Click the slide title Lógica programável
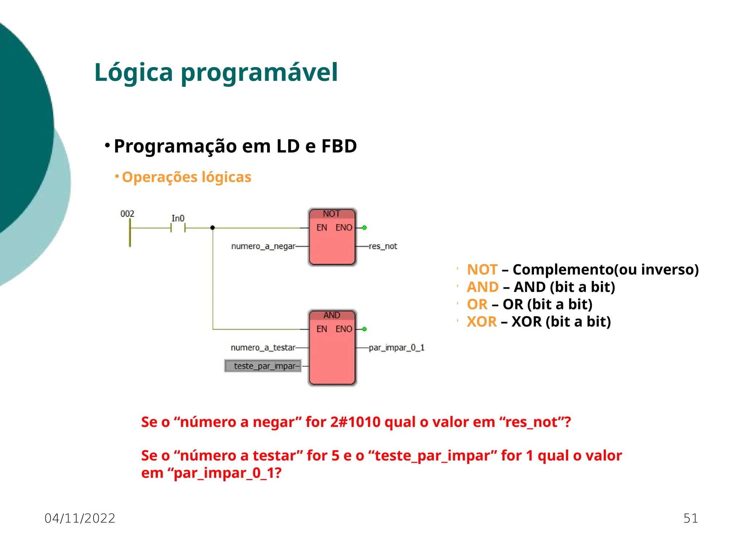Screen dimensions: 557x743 coord(216,73)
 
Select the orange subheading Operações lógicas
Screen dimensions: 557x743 coord(186,177)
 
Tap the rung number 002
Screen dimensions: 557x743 coord(127,214)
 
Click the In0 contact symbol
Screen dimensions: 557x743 coord(178,228)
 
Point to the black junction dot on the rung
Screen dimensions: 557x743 coord(213,228)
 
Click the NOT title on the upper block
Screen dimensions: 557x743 coord(332,214)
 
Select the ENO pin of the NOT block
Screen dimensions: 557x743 coord(344,228)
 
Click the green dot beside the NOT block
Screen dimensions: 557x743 coord(365,228)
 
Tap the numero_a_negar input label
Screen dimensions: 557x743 coord(263,246)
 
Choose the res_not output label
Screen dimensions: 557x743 coord(383,246)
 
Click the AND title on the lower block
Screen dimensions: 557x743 coord(332,315)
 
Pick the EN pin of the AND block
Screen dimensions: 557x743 coord(321,329)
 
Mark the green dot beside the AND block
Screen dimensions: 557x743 coord(365,329)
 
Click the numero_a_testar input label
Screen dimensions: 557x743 coord(263,347)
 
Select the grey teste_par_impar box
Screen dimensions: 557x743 coord(263,366)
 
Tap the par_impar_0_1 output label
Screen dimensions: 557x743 coord(397,347)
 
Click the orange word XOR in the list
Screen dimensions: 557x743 coord(481,322)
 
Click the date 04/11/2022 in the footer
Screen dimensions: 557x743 coord(80,518)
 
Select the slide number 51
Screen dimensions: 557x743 coord(690,518)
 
